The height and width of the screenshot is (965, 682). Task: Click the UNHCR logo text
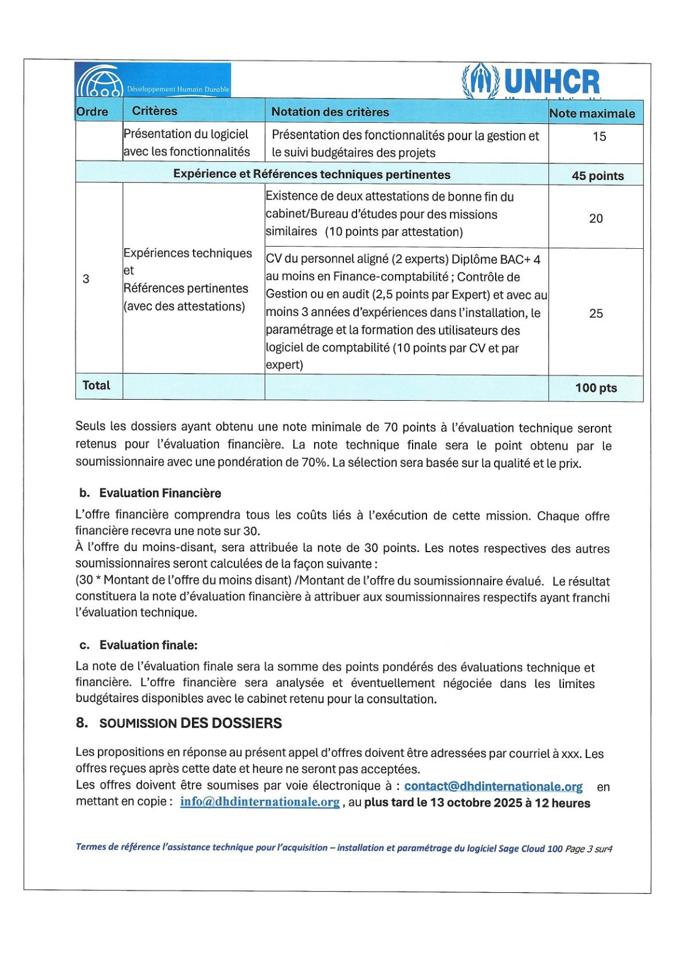pos(552,82)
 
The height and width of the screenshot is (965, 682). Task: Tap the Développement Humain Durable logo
pos(153,80)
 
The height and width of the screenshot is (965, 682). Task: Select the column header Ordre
pos(92,112)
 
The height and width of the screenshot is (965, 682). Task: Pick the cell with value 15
pos(599,137)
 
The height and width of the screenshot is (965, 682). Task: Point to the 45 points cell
pos(597,176)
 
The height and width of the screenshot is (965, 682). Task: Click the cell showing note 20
pos(596,218)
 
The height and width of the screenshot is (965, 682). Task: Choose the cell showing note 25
pos(596,314)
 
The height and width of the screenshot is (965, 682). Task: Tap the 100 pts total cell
pos(596,388)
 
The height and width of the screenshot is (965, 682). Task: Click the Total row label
pos(96,386)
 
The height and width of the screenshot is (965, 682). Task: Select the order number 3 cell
pos(86,279)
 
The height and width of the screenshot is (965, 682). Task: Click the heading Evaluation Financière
pos(160,494)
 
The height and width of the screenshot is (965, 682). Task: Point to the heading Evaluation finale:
pos(148,646)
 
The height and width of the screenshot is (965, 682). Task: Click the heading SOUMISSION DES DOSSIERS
pos(190,724)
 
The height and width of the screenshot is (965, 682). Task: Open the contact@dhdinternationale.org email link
pos(493,787)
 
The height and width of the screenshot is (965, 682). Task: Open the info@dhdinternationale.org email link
pos(260,802)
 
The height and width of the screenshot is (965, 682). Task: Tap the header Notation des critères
pos(330,112)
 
